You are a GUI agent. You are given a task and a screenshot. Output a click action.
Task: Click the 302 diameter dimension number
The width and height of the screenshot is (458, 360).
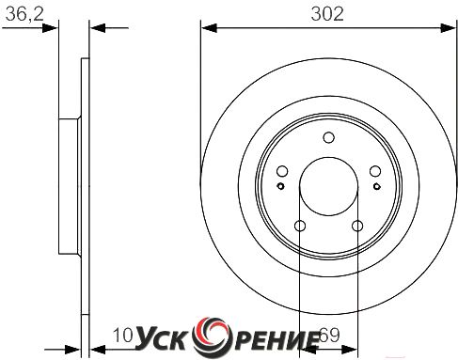[x=327, y=14]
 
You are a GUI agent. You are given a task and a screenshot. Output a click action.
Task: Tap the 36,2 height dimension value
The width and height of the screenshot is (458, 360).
[x=24, y=14]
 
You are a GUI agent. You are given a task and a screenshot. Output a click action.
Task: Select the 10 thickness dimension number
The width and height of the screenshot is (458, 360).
[x=123, y=336]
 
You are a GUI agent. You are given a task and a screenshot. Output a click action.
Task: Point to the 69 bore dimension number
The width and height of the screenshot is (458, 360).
[x=330, y=336]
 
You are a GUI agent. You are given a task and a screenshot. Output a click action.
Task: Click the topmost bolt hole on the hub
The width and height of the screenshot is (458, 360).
[x=328, y=137]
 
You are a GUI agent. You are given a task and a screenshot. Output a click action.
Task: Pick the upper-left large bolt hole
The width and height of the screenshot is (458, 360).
[x=282, y=171]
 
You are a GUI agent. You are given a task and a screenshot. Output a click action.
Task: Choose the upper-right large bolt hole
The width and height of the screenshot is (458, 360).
[x=375, y=171]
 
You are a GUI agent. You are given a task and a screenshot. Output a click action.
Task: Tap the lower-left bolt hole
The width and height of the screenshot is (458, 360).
[x=300, y=226]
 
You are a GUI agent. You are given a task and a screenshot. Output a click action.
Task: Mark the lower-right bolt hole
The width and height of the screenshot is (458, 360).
[x=357, y=226]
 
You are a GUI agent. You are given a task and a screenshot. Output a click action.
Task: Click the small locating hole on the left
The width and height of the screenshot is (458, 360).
[x=280, y=186]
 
